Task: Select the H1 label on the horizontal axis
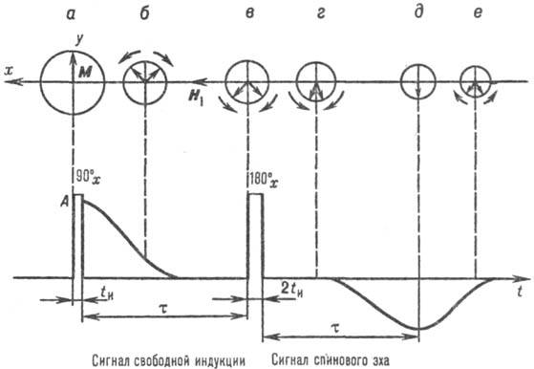click(200, 93)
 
